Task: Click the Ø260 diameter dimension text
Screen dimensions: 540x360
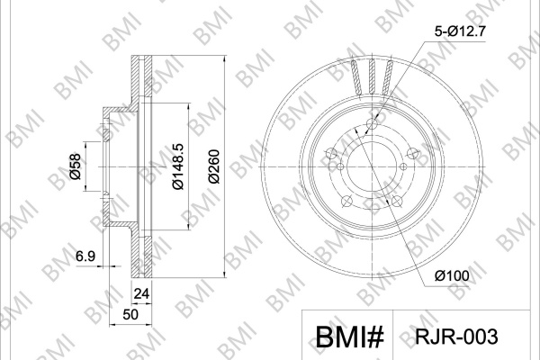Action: [213, 166]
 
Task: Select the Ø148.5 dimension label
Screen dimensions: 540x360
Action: [178, 166]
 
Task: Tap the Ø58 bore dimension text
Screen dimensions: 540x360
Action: [75, 166]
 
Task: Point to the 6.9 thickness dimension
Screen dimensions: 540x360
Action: [85, 256]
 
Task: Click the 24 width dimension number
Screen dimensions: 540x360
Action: [141, 293]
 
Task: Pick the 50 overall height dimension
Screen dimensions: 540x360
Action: [130, 314]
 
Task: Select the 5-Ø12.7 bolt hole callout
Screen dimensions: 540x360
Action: [460, 31]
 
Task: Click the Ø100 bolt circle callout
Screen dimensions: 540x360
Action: [452, 275]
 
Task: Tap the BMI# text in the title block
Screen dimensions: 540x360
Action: [349, 337]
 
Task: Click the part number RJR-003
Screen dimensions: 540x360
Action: [456, 337]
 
